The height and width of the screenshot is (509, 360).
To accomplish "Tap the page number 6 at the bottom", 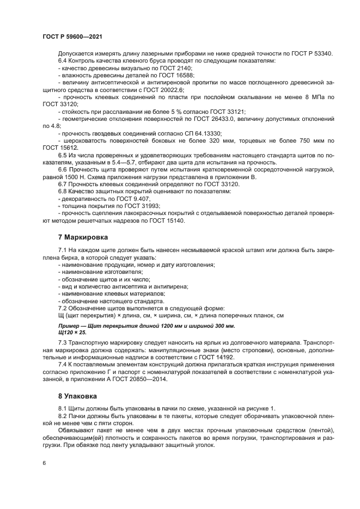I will [x=44, y=463].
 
